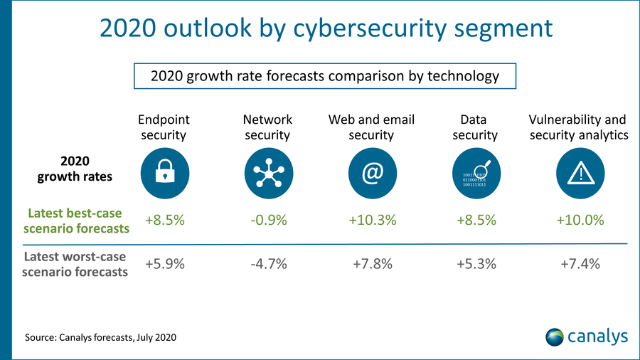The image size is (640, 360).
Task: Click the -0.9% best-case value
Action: [x=268, y=220]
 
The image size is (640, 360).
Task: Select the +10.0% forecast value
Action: [x=579, y=220]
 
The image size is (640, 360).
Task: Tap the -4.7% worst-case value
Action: [x=268, y=264]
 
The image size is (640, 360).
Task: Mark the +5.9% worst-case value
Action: [x=165, y=264]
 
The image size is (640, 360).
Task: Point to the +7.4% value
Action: [x=579, y=264]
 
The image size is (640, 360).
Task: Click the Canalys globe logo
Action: [x=554, y=336]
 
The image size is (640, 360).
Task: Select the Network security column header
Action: [x=267, y=127]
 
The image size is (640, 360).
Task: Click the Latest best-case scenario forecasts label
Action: [x=76, y=221]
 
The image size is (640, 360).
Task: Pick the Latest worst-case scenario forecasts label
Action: [x=76, y=264]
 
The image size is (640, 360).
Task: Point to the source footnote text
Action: [x=100, y=336]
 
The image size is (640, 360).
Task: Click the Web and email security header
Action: [x=371, y=127]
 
